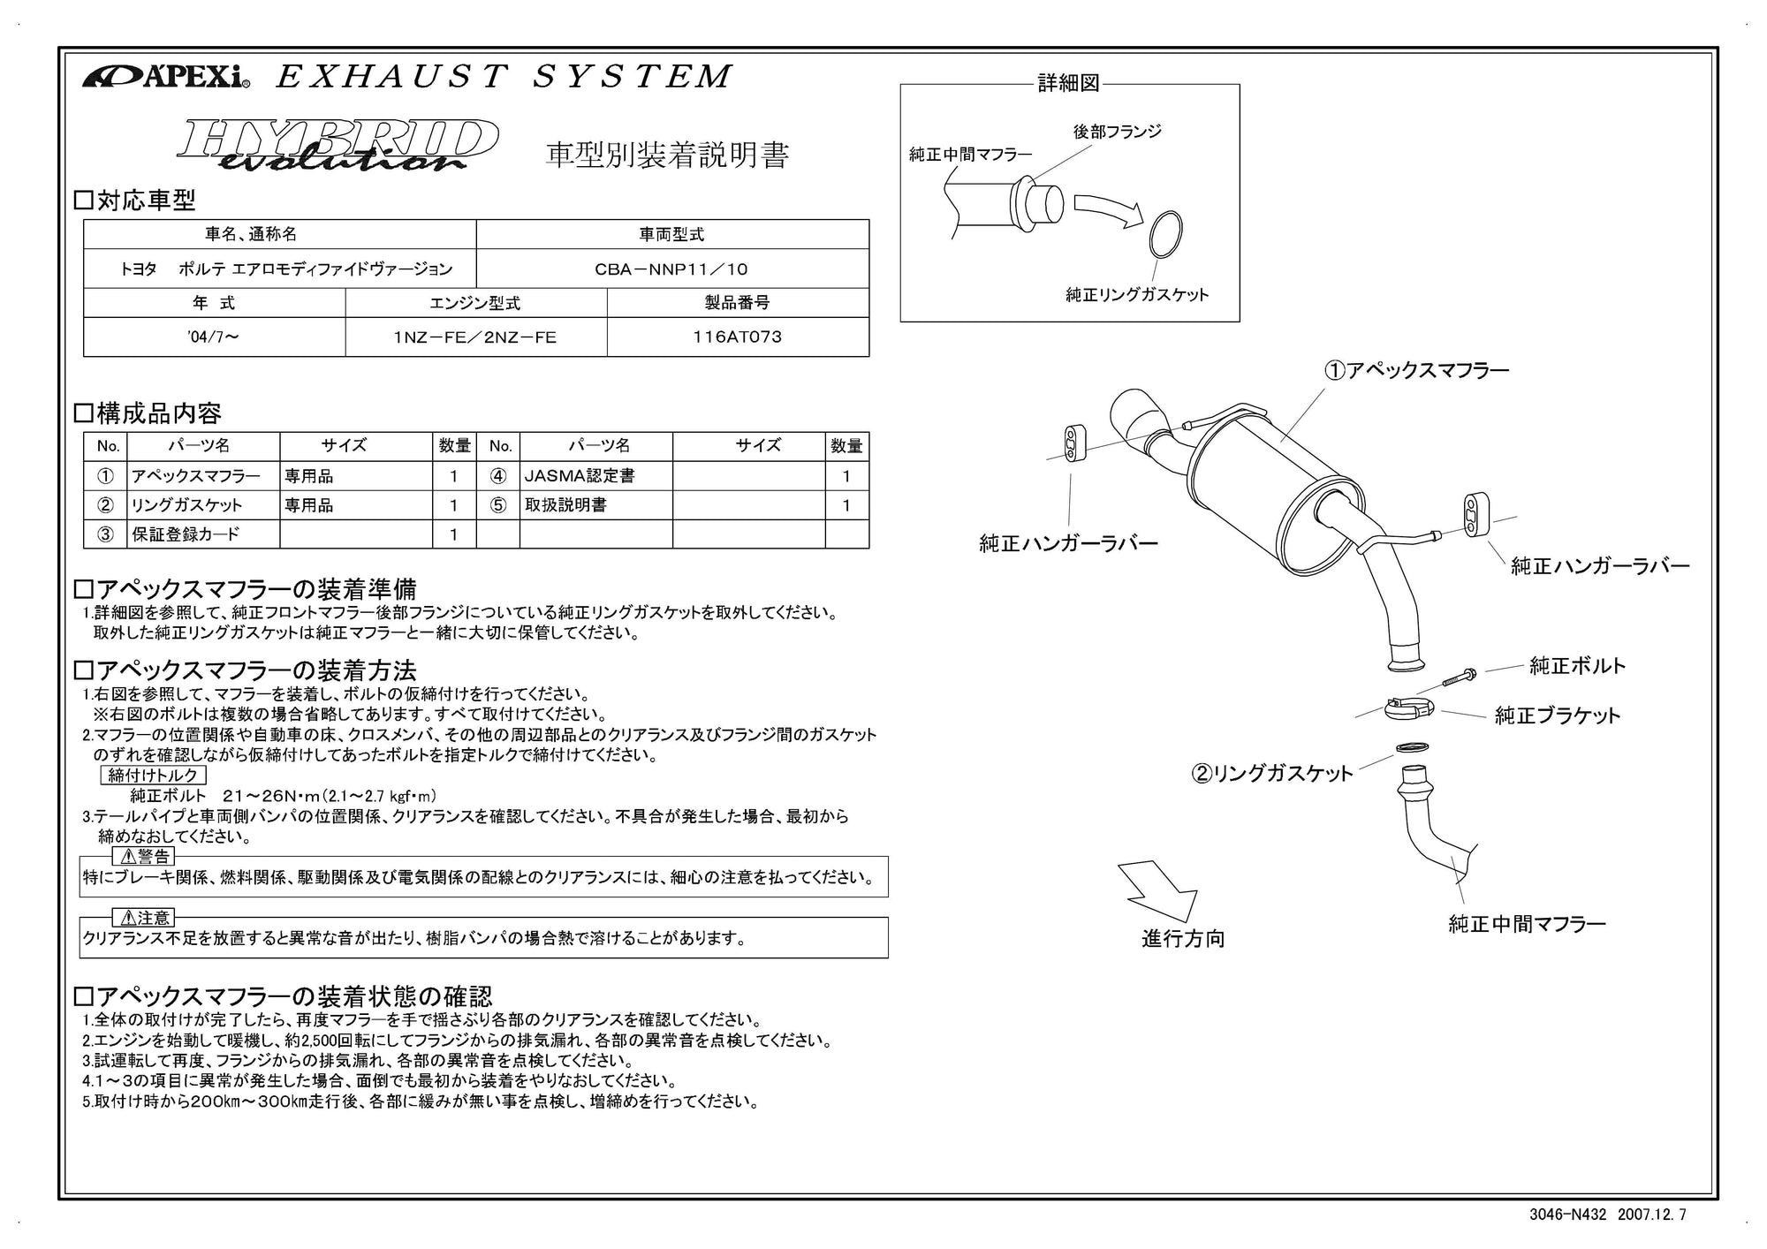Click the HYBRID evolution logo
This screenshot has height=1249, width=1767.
[x=337, y=144]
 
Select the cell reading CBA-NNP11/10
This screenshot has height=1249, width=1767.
[x=671, y=269]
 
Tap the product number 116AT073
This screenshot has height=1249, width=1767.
[x=738, y=337]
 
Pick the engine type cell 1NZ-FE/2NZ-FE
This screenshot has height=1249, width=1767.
[x=475, y=337]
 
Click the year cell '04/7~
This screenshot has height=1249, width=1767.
[x=213, y=337]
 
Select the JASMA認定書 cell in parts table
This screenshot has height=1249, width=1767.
[x=580, y=476]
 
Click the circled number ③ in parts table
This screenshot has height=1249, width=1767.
[x=105, y=534]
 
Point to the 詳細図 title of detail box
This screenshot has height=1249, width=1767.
[x=1068, y=84]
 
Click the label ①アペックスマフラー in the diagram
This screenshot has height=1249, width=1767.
[x=1416, y=370]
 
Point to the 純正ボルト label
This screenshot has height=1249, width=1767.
[x=1577, y=666]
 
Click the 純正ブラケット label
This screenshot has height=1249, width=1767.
[x=1557, y=715]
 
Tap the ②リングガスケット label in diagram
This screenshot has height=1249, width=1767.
[x=1272, y=774]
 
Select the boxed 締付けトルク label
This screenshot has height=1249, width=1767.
[x=154, y=776]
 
